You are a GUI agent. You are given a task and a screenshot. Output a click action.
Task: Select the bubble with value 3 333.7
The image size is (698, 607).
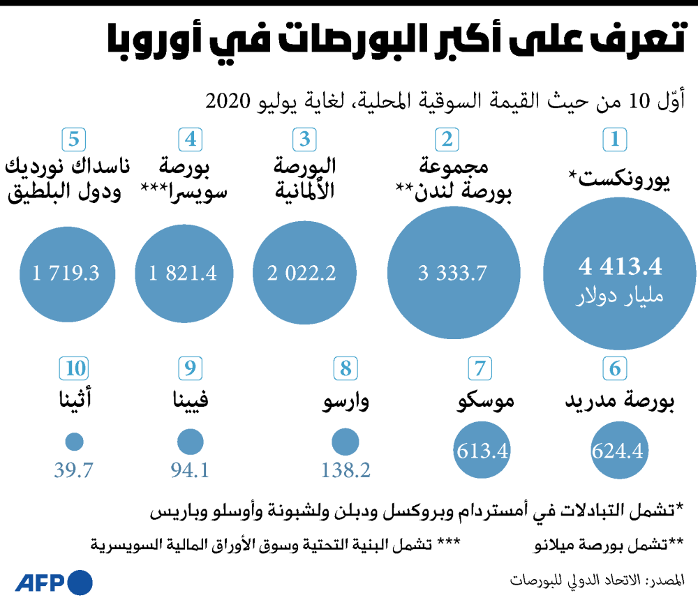pos(452,273)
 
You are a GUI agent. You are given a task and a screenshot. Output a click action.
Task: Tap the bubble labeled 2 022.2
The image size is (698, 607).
pos(302,273)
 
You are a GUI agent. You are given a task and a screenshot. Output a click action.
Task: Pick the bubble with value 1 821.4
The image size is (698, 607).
pos(183,273)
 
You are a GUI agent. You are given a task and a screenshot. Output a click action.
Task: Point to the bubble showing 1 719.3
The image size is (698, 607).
pos(66,273)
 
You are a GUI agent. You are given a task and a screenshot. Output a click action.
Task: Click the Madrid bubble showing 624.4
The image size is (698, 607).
pos(617,451)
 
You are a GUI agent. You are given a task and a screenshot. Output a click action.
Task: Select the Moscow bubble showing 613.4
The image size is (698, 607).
pos(482,451)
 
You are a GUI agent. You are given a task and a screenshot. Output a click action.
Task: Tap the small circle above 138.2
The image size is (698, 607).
pos(345,442)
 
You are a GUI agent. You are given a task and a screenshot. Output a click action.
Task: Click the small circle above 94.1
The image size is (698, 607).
pos(190,442)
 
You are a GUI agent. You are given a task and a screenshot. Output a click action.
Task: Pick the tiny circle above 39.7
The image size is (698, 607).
pos(74,442)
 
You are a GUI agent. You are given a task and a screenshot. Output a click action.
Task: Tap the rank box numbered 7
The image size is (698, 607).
pos(480,368)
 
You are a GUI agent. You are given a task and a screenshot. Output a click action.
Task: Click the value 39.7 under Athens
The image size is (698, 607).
pos(74,471)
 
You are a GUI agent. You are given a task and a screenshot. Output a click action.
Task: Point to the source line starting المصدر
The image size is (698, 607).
pos(597,580)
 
